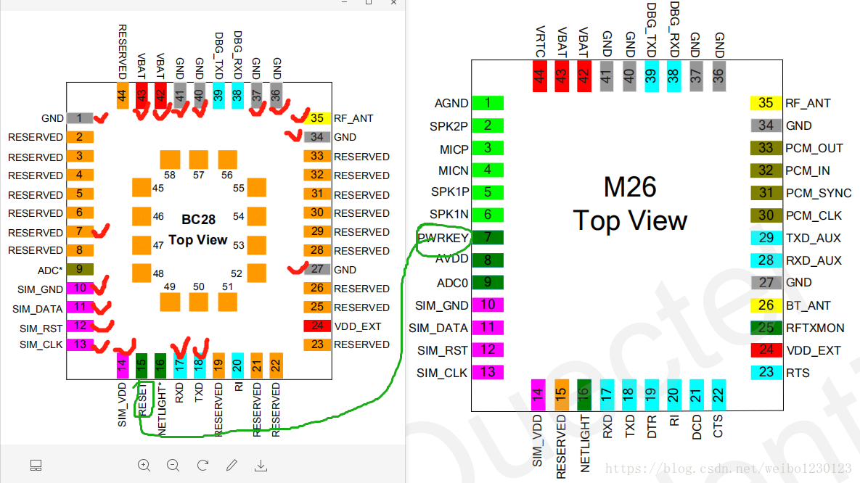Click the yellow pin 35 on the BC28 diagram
click(x=317, y=117)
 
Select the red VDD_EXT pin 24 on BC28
click(x=317, y=326)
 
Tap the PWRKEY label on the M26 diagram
click(x=443, y=237)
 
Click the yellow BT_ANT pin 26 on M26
click(x=766, y=305)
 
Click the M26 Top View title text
click(x=630, y=204)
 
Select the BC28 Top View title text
click(x=198, y=228)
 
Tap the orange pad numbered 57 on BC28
click(x=198, y=160)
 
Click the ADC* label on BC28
click(x=51, y=268)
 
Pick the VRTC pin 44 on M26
click(x=539, y=76)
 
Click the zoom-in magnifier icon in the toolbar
click(x=144, y=465)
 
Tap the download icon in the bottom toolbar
click(x=261, y=465)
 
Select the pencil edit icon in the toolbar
click(x=232, y=465)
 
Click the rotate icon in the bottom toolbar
click(x=203, y=465)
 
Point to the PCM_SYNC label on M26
click(x=818, y=193)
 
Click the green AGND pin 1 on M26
click(x=488, y=103)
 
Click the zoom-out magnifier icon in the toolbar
click(x=173, y=465)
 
